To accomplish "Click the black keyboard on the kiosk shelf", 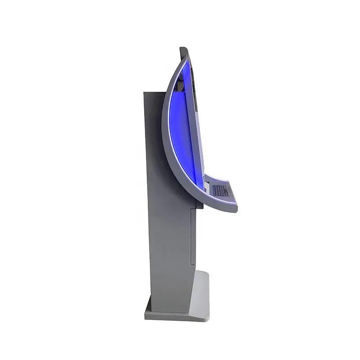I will (x=220, y=191).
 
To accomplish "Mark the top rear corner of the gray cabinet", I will (x=144, y=93).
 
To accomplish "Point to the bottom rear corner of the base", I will (x=145, y=318).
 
